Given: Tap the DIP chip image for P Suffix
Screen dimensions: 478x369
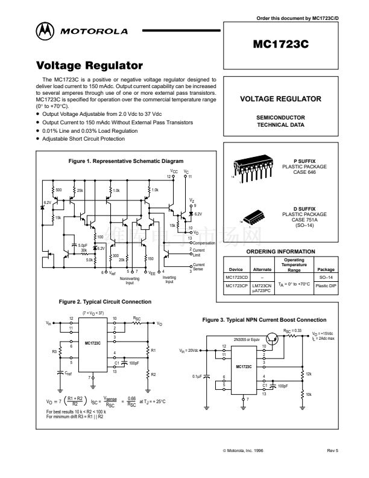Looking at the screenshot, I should pyautogui.click(x=253, y=168).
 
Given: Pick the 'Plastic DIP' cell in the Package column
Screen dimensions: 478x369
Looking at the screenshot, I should pyautogui.click(x=326, y=284).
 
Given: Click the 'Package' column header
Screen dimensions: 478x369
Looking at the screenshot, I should pyautogui.click(x=326, y=270).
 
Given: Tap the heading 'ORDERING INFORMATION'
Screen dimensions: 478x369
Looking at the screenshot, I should pyautogui.click(x=280, y=251).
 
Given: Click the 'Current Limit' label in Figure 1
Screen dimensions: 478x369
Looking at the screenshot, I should pyautogui.click(x=199, y=251).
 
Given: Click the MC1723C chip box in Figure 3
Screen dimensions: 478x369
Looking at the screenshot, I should pyautogui.click(x=244, y=367).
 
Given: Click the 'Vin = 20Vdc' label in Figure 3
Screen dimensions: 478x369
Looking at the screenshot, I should pyautogui.click(x=189, y=351).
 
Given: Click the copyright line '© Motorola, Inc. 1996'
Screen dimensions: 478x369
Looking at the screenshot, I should pyautogui.click(x=243, y=450).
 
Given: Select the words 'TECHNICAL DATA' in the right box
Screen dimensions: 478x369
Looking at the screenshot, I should pyautogui.click(x=280, y=126).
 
